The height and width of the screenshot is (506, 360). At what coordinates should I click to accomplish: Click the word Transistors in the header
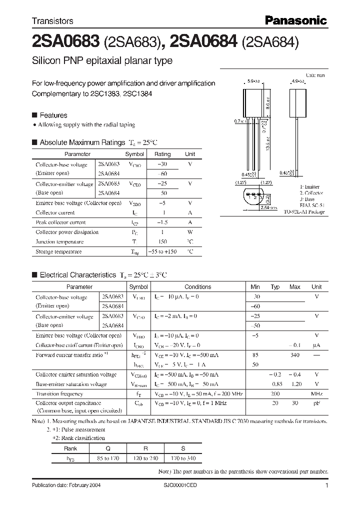point(52,21)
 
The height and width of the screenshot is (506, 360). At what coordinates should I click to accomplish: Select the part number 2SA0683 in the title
point(65,42)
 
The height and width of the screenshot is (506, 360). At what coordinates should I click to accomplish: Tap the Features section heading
point(53,115)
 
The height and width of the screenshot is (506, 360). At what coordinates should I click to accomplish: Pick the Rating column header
point(162,154)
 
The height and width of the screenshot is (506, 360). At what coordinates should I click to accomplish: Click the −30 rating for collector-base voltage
point(162,164)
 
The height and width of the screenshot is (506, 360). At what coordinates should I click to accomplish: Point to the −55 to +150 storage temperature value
point(163,252)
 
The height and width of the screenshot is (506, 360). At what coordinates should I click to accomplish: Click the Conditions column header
point(198,287)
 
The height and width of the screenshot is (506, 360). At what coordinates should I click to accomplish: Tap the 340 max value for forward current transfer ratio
point(295,355)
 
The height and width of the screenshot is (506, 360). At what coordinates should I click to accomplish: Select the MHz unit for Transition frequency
point(316,394)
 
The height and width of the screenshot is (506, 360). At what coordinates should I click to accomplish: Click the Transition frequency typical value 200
point(274,394)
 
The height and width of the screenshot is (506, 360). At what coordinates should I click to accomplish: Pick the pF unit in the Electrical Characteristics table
point(316,403)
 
